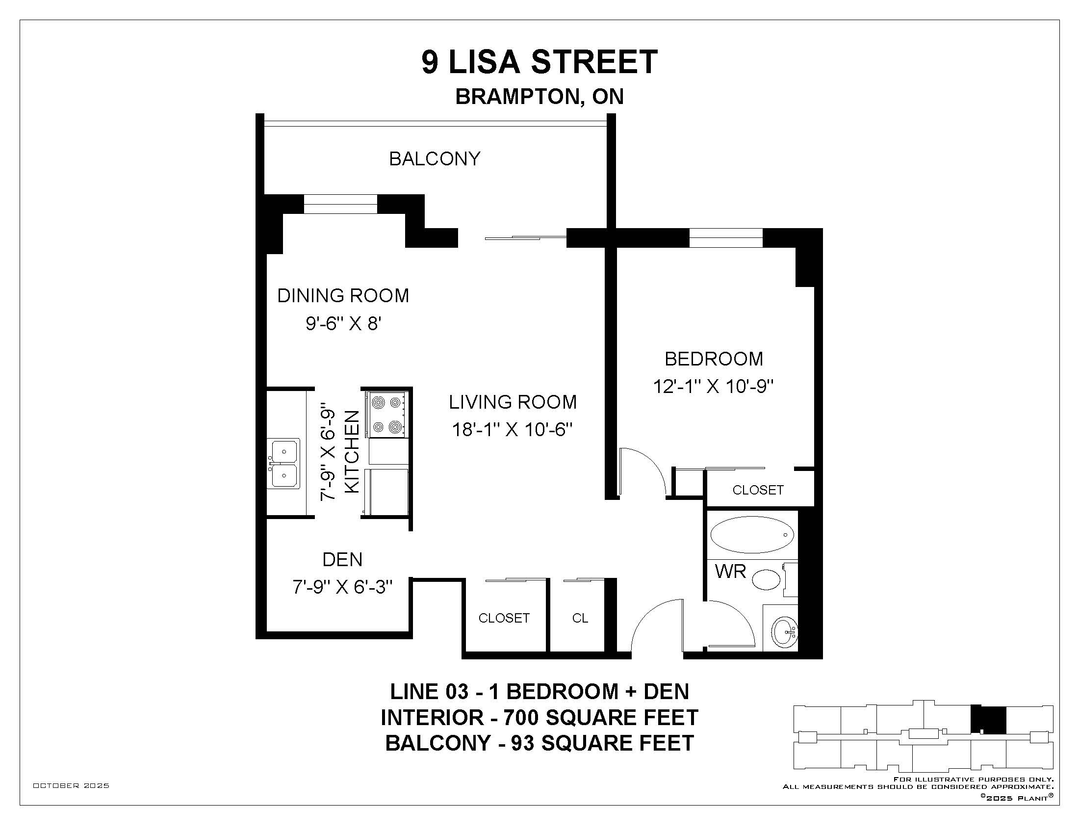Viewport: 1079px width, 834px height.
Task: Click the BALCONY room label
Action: [x=435, y=159]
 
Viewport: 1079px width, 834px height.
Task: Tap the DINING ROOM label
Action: [x=343, y=296]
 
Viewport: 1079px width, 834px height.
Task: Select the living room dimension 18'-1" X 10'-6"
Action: [x=513, y=429]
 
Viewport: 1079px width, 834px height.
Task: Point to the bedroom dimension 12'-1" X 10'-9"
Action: [x=713, y=386]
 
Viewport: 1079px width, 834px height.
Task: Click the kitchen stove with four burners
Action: [x=387, y=415]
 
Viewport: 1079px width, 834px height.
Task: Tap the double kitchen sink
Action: [x=283, y=464]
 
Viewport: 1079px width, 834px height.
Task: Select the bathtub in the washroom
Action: [x=751, y=535]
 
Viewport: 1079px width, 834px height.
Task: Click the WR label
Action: [x=730, y=572]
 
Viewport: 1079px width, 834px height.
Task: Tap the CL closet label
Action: [x=580, y=618]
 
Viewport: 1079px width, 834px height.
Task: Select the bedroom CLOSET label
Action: [x=758, y=490]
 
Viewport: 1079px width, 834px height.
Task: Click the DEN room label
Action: [x=342, y=560]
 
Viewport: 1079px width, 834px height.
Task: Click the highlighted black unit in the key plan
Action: [x=988, y=719]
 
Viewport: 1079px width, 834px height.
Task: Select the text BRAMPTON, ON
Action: [x=539, y=97]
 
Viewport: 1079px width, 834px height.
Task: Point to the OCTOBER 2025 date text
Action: [x=71, y=785]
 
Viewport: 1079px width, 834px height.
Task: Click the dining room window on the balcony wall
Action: [x=340, y=204]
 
